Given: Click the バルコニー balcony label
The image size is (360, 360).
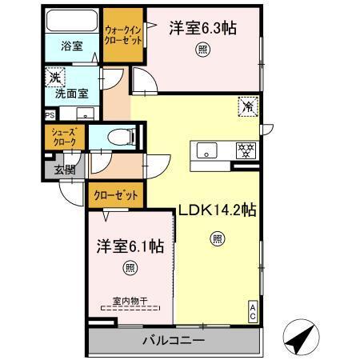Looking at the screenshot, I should (174, 341).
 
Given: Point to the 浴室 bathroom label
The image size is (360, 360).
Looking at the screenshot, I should (71, 46).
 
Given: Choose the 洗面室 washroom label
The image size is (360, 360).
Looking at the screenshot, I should (71, 92).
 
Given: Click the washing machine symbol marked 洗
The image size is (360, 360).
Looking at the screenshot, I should (54, 78).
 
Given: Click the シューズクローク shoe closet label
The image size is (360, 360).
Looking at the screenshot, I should (64, 137).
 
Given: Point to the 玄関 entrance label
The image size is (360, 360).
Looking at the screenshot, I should (63, 168).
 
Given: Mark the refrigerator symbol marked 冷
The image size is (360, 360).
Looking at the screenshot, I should (248, 105).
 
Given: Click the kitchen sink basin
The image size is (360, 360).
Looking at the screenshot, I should (206, 150).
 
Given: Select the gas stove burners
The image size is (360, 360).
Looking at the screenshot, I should (243, 149).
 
